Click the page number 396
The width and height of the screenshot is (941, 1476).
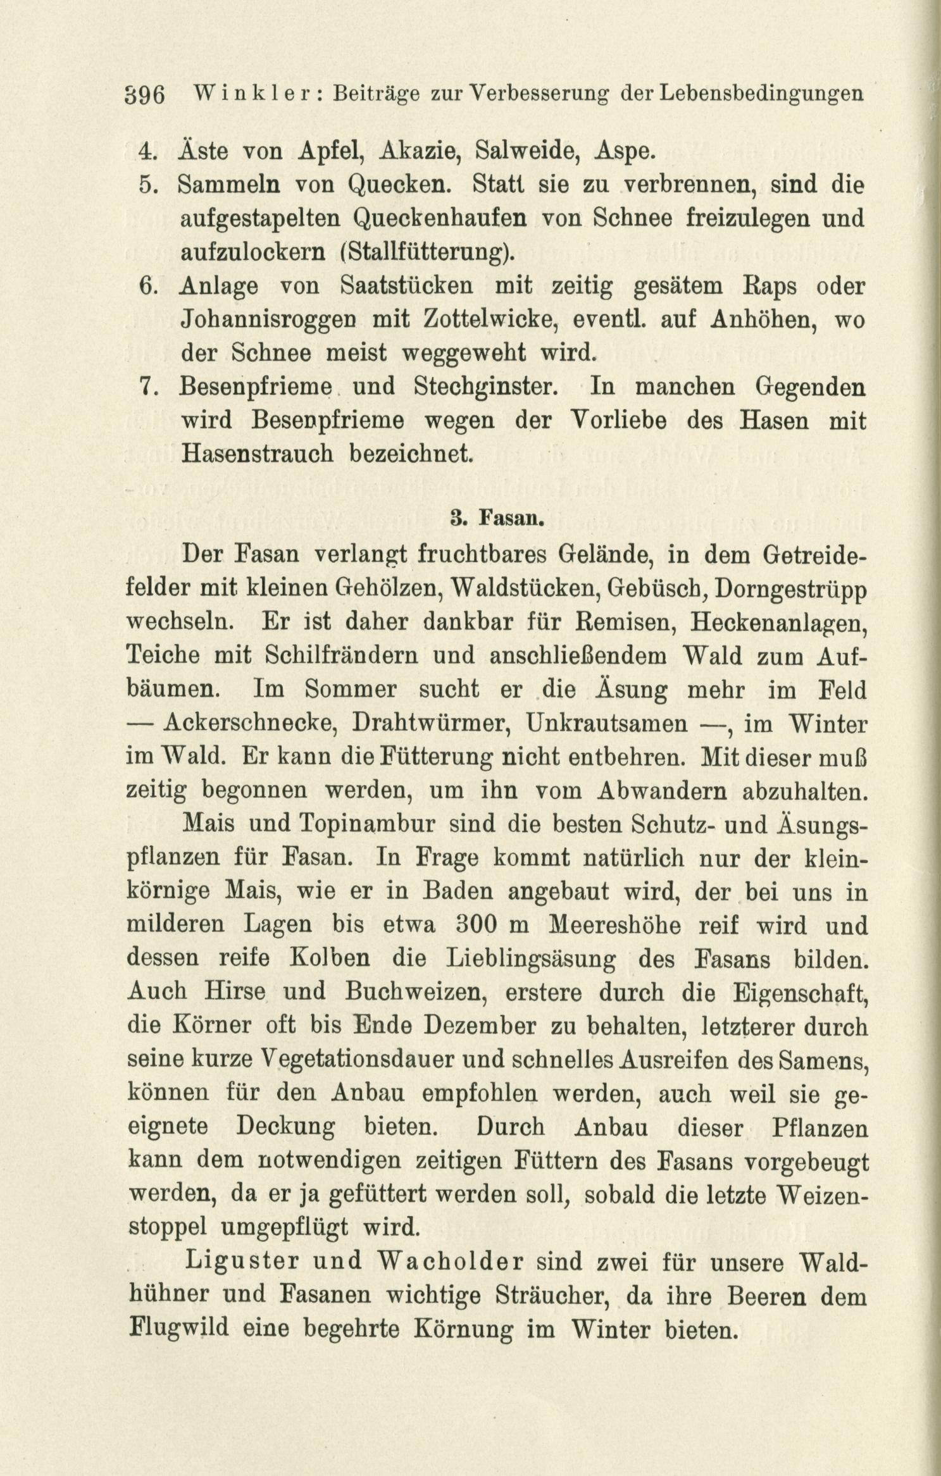click(x=146, y=96)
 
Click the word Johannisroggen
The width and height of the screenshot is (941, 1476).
click(x=268, y=320)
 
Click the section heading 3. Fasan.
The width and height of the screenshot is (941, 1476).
click(x=497, y=520)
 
